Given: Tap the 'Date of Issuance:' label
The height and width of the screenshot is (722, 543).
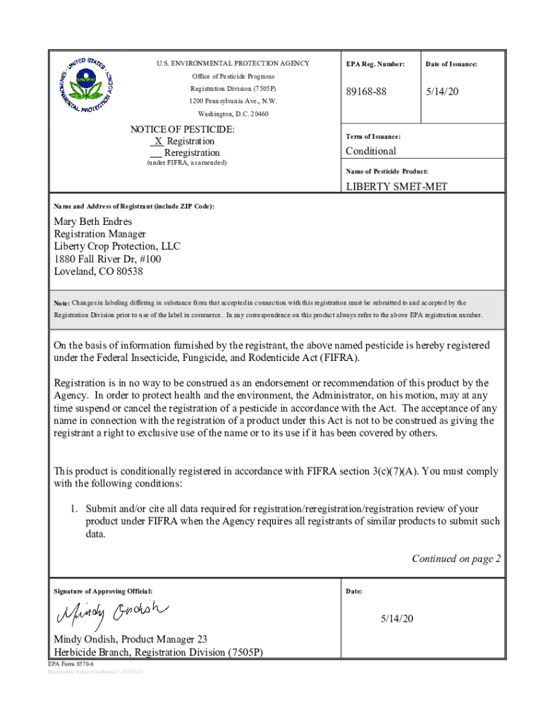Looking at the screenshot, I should [451, 64].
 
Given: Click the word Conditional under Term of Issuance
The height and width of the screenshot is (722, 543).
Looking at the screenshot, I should [371, 151].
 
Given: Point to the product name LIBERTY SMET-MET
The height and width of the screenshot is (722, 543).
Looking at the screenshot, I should [396, 187].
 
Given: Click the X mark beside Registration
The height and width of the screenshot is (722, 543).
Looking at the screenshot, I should [159, 141].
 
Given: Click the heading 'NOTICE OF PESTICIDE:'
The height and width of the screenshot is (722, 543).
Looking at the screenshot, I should [183, 130].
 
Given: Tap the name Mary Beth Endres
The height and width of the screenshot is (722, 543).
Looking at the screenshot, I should [93, 221].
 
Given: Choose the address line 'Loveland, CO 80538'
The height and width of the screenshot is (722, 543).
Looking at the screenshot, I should [99, 271].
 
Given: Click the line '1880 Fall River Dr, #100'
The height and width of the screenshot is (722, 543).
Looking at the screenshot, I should [107, 259].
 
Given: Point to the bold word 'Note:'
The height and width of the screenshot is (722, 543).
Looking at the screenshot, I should [62, 303].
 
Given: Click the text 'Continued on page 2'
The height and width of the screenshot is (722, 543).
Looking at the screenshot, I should [456, 559].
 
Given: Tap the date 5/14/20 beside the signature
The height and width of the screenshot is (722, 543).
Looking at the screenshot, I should [397, 618].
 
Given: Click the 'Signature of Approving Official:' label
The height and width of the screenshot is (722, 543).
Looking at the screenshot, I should [103, 590].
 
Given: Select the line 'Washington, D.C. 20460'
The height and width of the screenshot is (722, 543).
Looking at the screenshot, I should [233, 114].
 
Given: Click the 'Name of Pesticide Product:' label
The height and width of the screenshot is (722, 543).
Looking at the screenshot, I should [386, 171].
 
